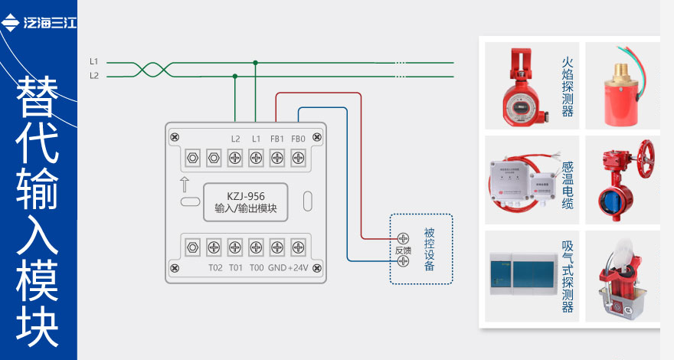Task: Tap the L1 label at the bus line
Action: point(93,61)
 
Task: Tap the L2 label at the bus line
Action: point(93,75)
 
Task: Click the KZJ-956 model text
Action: point(245,197)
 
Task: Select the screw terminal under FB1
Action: point(277,159)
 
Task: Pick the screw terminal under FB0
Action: point(299,159)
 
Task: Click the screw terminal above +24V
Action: point(299,247)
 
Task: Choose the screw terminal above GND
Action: point(277,247)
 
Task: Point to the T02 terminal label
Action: point(214,267)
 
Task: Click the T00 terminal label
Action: point(257,267)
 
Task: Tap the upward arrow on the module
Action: point(185,185)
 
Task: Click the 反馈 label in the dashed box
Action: point(403,250)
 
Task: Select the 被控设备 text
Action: point(429,249)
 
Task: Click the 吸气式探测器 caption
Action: point(568,277)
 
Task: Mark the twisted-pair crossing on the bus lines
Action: point(150,69)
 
